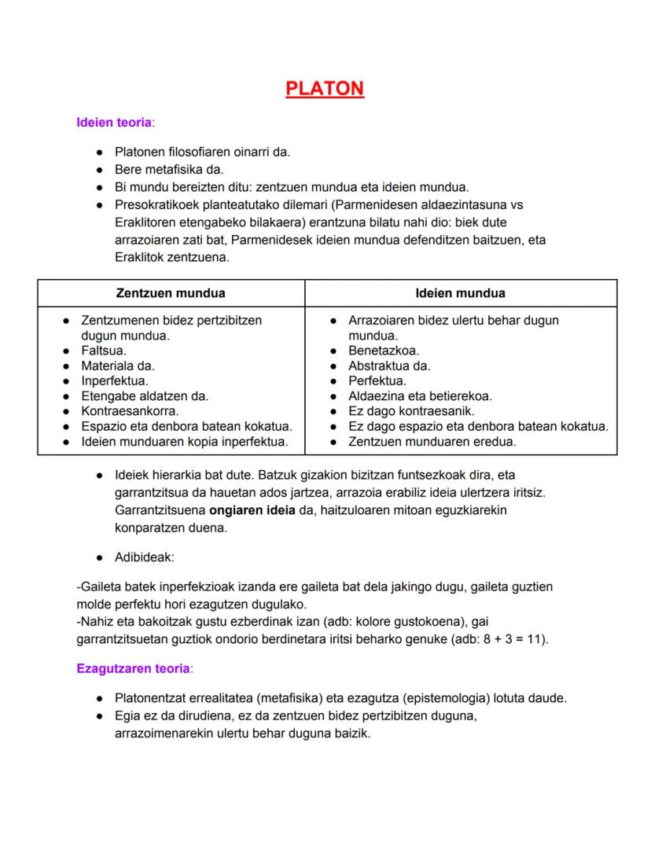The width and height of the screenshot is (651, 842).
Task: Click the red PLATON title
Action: (x=325, y=88)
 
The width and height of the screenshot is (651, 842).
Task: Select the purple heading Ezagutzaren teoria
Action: (x=134, y=668)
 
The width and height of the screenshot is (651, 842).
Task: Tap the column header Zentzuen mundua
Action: (x=171, y=293)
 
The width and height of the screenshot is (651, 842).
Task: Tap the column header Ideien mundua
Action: (x=460, y=293)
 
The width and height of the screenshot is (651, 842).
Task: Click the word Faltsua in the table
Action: (x=104, y=351)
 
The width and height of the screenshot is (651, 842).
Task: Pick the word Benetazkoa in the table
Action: (x=383, y=351)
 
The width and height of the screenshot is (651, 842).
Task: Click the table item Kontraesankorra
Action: (x=130, y=411)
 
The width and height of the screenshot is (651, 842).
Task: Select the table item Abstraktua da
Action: (x=389, y=366)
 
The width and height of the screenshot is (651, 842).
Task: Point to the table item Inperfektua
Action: (x=115, y=381)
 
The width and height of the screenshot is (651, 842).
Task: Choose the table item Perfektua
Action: (x=377, y=381)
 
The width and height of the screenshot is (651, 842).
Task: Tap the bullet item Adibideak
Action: (x=145, y=557)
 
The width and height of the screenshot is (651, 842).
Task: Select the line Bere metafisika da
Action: (x=169, y=169)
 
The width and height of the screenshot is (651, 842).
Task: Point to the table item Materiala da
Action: (x=118, y=366)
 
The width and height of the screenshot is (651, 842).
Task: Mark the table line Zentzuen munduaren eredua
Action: (x=432, y=442)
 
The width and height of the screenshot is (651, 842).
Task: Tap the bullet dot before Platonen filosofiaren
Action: (x=100, y=153)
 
